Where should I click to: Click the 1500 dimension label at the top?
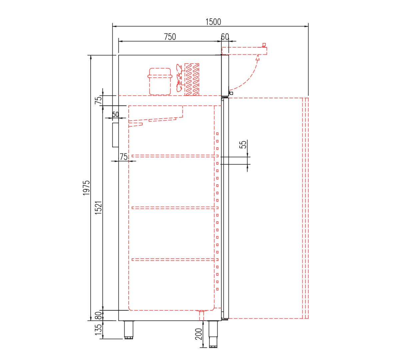pyautogui.click(x=213, y=22)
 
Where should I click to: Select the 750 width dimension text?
pyautogui.click(x=170, y=37)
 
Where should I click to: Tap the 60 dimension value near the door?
pyautogui.click(x=225, y=37)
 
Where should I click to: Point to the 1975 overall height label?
pyautogui.click(x=87, y=188)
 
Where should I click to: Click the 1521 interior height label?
pyautogui.click(x=98, y=208)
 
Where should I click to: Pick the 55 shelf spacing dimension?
pyautogui.click(x=243, y=145)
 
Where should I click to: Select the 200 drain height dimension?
pyautogui.click(x=199, y=334)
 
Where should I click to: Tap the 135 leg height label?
pyautogui.click(x=98, y=329)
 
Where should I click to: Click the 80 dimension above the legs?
pyautogui.click(x=98, y=315)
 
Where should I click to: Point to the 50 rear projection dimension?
pyautogui.click(x=115, y=114)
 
